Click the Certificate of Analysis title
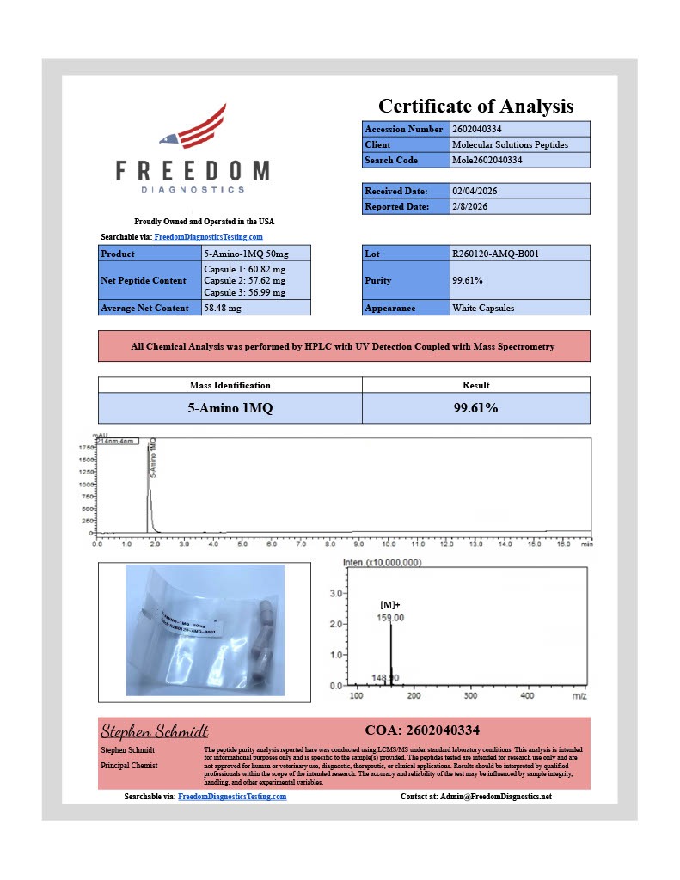(475, 106)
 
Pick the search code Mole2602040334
(487, 160)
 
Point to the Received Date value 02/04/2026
(474, 191)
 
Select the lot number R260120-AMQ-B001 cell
(495, 254)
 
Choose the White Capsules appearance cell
(485, 308)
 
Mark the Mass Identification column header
(230, 385)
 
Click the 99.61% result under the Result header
(475, 408)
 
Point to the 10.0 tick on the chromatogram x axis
(388, 544)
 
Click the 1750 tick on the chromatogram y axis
(85, 448)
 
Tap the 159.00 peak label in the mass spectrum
(391, 617)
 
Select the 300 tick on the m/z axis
(470, 695)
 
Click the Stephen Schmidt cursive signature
(155, 731)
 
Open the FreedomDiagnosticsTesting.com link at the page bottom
(232, 797)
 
